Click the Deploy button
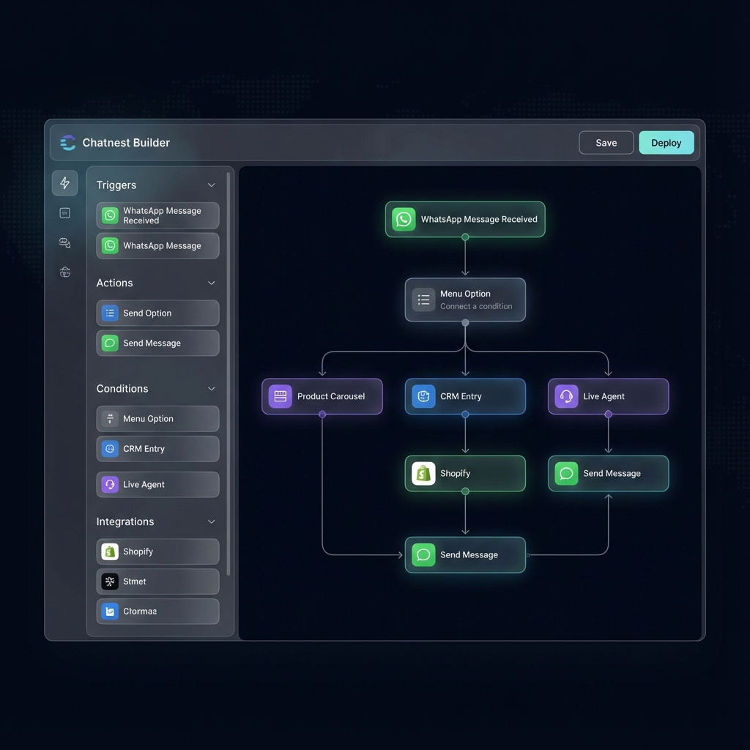coord(666,143)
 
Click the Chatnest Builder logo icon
coord(67,143)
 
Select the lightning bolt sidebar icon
coord(65,183)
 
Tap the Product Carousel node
coord(322,396)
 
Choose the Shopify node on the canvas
coord(465,473)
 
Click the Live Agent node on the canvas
coord(608,396)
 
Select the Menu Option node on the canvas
coord(465,300)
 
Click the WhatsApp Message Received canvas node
coord(465,219)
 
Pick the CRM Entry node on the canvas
coord(465,396)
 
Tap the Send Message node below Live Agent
coord(608,473)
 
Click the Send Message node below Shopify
coord(465,554)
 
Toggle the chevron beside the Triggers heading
coord(212,185)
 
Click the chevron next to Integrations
coord(212,521)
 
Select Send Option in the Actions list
coord(157,313)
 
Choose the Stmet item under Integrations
coord(157,582)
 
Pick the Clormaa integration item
coord(157,611)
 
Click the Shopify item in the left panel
coord(157,552)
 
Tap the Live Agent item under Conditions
coord(157,484)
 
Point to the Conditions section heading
coord(122,389)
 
